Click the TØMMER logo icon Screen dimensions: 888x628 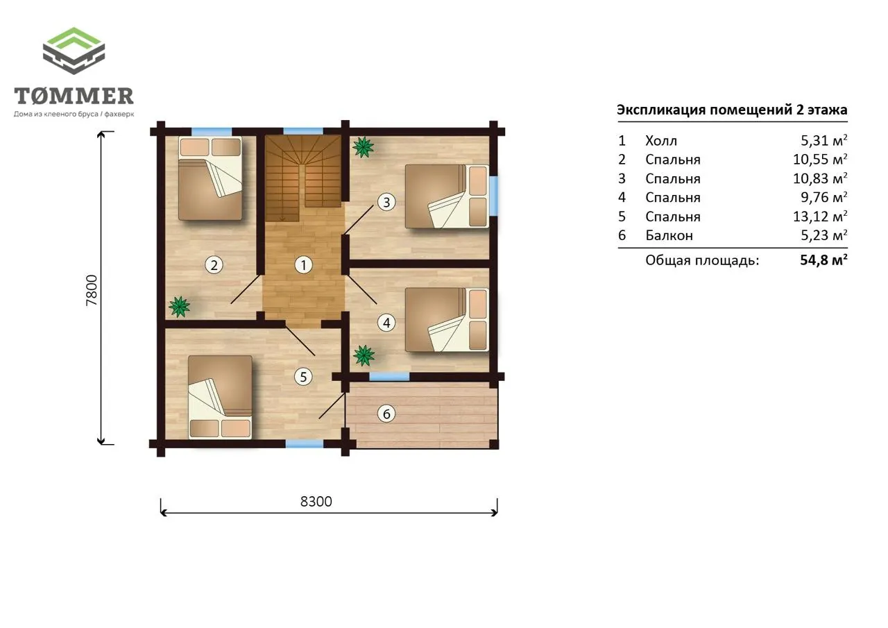pos(74,51)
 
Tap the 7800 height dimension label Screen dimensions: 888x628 pos(92,290)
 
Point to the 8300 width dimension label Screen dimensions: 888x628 pos(316,502)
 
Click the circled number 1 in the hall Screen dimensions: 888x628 pos(304,265)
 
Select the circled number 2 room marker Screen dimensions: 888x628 pos(214,265)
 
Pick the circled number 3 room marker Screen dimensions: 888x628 pos(386,202)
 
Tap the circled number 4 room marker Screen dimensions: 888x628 pos(386,323)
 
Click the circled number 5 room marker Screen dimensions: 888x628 pos(303,377)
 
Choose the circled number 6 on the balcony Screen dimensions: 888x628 pos(386,414)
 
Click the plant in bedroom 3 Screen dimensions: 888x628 pos(363,147)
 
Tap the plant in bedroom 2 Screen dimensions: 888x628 pos(179,307)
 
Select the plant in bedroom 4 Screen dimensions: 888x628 pos(364,355)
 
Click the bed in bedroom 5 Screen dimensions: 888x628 pos(220,397)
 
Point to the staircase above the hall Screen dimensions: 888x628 pos(303,178)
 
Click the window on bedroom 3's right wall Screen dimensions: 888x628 pos(493,196)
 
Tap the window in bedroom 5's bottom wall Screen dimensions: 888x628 pos(305,443)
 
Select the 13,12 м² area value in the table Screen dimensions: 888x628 pos(820,217)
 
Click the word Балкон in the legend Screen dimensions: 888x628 pos(669,235)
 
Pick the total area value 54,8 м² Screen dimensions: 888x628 pos(823,260)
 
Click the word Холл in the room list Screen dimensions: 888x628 pos(661,141)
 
